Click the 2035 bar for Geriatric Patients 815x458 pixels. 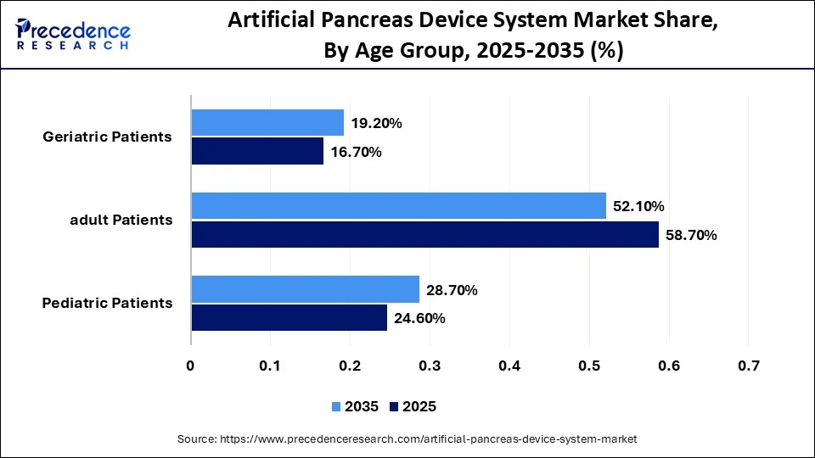coord(267,123)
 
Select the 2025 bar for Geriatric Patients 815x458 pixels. coord(257,152)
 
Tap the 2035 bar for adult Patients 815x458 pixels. coord(398,206)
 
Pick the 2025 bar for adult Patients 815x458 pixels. coord(424,235)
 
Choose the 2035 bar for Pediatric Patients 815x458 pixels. coord(305,289)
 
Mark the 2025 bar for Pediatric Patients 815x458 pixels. coord(289,318)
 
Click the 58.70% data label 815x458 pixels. coord(692,235)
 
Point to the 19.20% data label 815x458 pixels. coord(376,123)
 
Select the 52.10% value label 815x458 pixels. coord(638,206)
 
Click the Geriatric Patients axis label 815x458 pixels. coord(107,137)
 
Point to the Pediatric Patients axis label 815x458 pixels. coord(107,303)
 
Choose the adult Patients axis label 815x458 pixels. coord(121,220)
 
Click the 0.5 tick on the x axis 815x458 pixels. coord(589,366)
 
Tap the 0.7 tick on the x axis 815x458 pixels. coord(748,366)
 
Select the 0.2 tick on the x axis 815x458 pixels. coord(350,366)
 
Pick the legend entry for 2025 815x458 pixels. coord(413,407)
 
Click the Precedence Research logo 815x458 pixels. coord(72,34)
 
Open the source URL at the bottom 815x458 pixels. coord(407,439)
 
